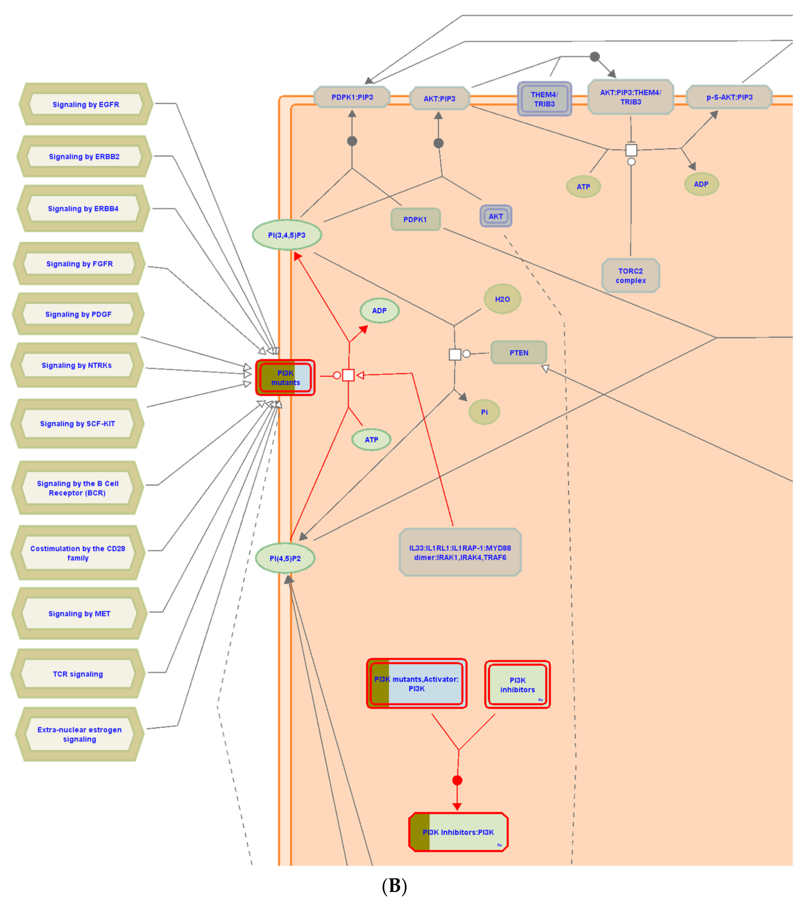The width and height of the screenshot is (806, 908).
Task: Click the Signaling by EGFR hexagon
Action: click(x=86, y=104)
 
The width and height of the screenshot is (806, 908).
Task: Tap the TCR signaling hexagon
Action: click(x=78, y=674)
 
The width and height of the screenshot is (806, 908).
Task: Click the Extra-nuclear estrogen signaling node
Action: click(x=80, y=734)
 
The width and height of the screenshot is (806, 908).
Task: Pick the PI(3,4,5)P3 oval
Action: click(x=287, y=235)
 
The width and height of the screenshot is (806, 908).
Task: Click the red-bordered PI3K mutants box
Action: click(x=285, y=378)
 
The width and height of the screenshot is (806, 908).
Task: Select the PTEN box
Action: click(x=519, y=353)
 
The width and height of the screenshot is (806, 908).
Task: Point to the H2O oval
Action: click(x=502, y=299)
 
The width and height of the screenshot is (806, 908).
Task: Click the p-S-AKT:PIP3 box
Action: click(x=729, y=97)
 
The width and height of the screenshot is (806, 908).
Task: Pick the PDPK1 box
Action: click(x=415, y=219)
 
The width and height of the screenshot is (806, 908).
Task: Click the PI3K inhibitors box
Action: click(x=517, y=684)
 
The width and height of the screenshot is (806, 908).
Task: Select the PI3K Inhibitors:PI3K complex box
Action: click(x=458, y=832)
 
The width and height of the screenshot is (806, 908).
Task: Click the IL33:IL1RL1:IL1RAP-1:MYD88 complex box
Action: click(x=460, y=553)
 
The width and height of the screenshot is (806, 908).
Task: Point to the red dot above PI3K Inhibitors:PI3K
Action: click(x=457, y=780)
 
